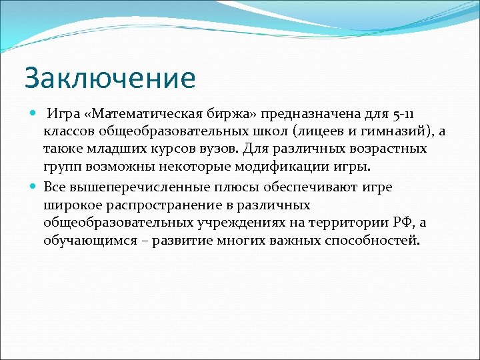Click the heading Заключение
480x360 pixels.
pyautogui.click(x=109, y=78)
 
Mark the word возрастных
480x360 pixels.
pyautogui.click(x=390, y=147)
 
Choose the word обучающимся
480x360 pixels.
pyautogui.click(x=87, y=239)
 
